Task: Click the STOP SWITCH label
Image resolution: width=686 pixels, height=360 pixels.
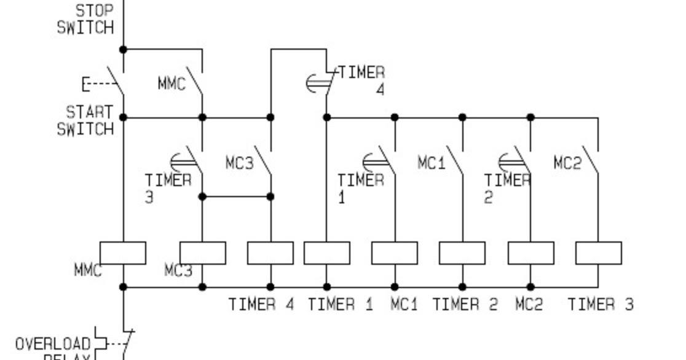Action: click(x=86, y=19)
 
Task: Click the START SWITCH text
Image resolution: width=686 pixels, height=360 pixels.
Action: click(x=86, y=120)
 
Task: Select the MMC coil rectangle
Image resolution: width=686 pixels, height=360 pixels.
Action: click(x=123, y=253)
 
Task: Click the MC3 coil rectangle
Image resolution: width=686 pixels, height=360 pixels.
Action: click(x=203, y=253)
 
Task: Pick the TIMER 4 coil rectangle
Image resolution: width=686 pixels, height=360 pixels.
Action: click(x=270, y=253)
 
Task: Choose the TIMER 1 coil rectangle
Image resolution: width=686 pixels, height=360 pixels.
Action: click(x=327, y=253)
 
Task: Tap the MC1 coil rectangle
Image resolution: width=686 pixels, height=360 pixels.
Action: click(x=395, y=253)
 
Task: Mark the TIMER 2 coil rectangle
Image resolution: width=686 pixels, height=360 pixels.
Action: click(x=462, y=253)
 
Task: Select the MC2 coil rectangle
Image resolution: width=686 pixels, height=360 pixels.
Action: click(x=530, y=253)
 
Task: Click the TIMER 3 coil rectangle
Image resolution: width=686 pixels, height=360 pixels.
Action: click(x=598, y=253)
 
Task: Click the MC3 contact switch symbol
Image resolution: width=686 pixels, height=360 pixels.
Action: click(x=264, y=161)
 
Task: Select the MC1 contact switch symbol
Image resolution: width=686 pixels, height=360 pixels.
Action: click(x=456, y=161)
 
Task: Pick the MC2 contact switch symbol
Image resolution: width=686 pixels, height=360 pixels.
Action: click(x=592, y=161)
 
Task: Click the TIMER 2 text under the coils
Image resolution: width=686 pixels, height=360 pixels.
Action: click(x=465, y=304)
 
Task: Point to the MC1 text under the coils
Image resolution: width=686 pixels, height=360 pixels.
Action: click(x=404, y=304)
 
